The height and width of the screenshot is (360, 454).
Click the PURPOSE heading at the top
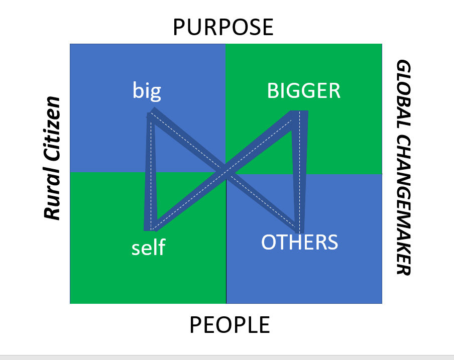pos(223,27)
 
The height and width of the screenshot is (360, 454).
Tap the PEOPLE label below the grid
pos(230,325)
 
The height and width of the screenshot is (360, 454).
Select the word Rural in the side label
pos(52,195)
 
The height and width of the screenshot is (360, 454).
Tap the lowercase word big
pos(147,91)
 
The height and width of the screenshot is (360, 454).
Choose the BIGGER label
pos(304,91)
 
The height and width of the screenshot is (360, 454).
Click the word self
pos(148,248)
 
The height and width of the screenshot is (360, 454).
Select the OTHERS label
pos(299,242)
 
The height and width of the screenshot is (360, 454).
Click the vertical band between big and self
pos(150,171)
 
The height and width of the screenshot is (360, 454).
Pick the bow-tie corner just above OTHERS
pos(300,227)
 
